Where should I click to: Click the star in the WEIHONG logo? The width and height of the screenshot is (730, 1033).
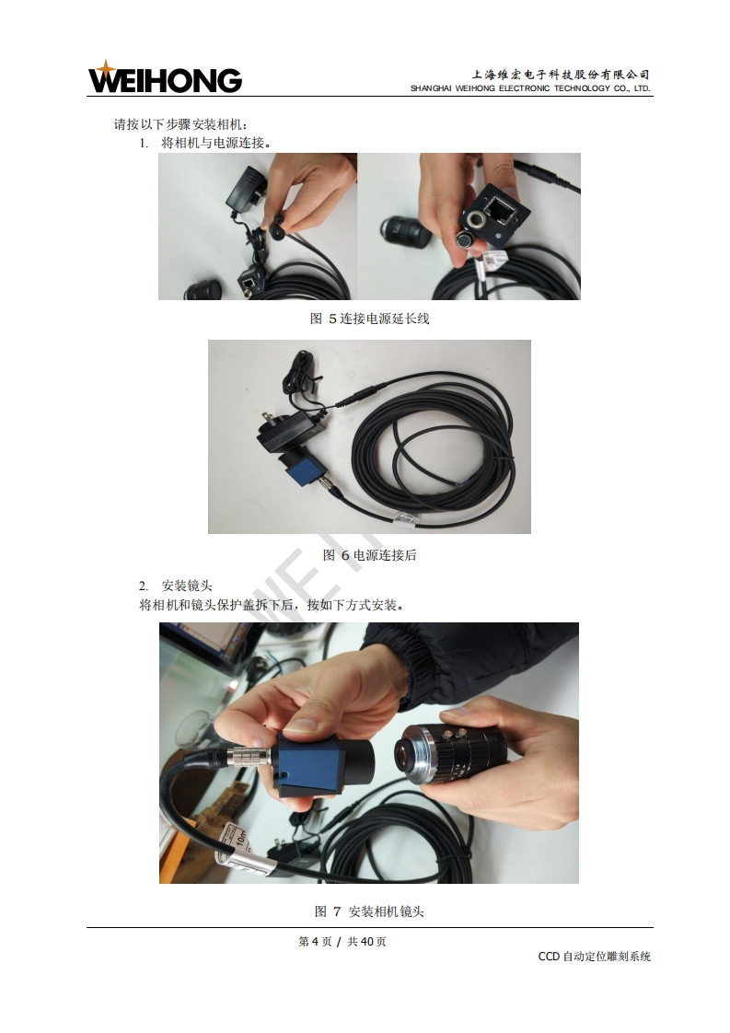click(105, 68)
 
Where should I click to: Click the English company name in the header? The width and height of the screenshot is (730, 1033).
click(530, 88)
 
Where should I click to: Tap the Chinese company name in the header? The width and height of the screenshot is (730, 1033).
click(560, 75)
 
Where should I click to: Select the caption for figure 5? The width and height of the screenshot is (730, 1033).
click(370, 319)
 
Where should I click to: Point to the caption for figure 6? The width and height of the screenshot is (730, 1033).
click(370, 555)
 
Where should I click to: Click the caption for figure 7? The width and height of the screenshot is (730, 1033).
click(370, 911)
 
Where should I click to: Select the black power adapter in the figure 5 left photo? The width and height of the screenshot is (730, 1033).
click(247, 188)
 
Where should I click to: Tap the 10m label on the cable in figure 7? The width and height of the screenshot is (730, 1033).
click(242, 837)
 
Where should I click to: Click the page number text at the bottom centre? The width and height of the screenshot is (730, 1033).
click(342, 942)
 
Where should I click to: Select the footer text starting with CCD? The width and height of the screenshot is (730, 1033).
click(595, 957)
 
